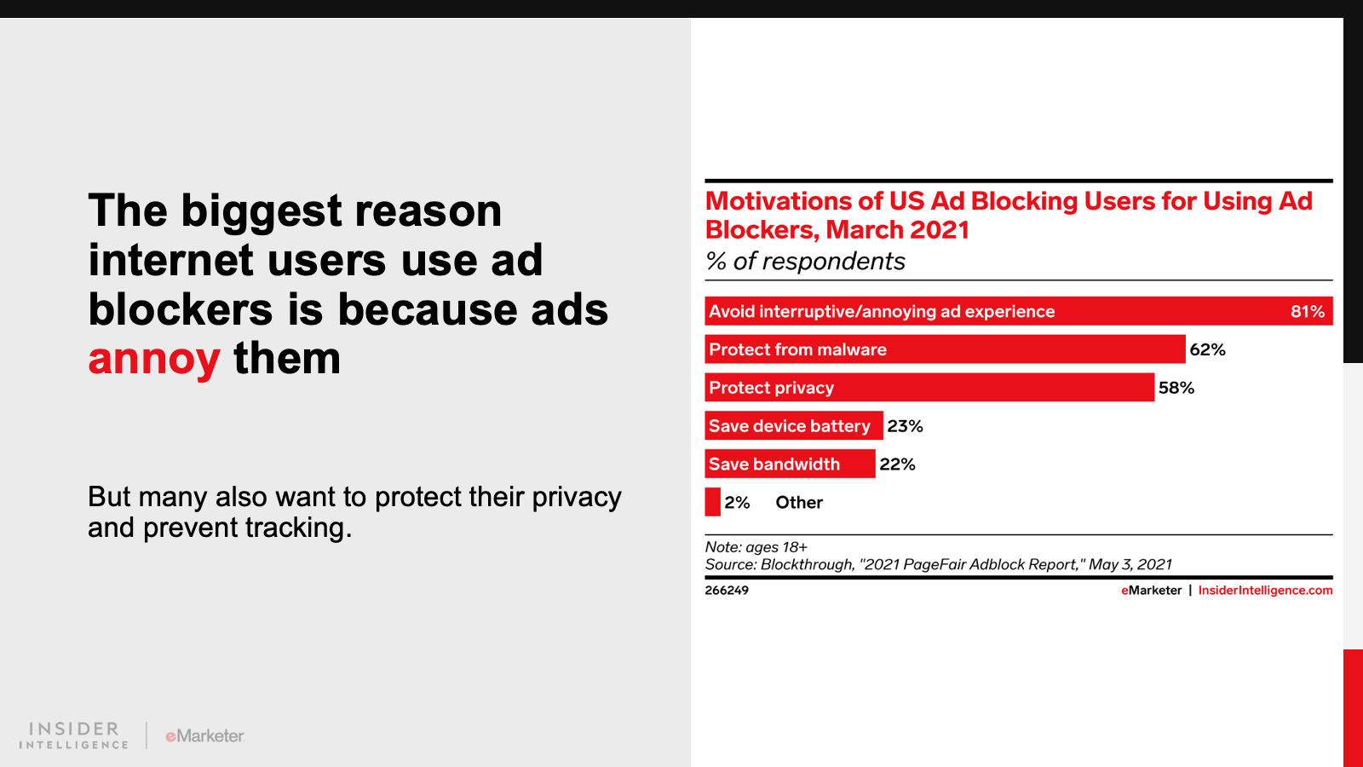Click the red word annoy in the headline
[x=154, y=359]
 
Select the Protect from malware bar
[x=944, y=349]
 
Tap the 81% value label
[x=1307, y=312]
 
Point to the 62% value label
[x=1207, y=350]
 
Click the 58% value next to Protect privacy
[x=1176, y=389]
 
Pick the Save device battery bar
[x=793, y=426]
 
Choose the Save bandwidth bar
[x=789, y=464]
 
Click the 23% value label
[x=905, y=426]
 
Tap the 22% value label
[x=897, y=464]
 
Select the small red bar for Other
[x=712, y=502]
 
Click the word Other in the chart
[x=799, y=503]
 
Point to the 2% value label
[x=737, y=503]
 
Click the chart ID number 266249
[x=727, y=591]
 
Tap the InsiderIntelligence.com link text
[x=1265, y=591]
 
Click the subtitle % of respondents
[x=805, y=262]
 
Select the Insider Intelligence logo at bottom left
[x=74, y=735]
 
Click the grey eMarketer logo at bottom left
[x=204, y=736]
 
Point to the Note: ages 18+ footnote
[x=756, y=547]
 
